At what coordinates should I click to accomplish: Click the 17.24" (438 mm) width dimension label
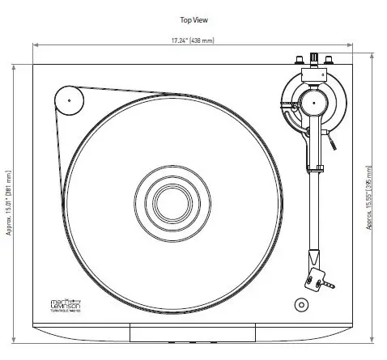[194, 40]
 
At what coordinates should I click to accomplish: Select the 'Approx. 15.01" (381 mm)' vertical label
[9, 201]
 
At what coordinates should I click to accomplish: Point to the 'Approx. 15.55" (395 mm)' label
[370, 198]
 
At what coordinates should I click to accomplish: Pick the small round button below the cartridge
[301, 306]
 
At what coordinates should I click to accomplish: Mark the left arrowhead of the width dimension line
[36, 45]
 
